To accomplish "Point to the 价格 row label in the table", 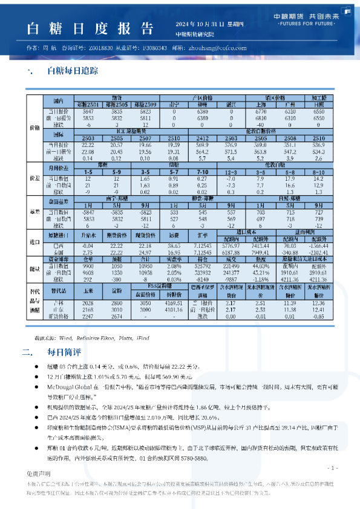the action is click(x=34, y=128).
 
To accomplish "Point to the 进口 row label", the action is click(x=34, y=242).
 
